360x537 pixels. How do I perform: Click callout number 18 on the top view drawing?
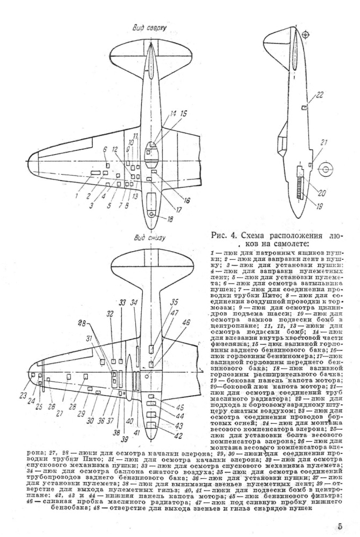170,219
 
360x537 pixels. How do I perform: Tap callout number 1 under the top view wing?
77,196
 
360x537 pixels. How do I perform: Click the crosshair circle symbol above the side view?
306,35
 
